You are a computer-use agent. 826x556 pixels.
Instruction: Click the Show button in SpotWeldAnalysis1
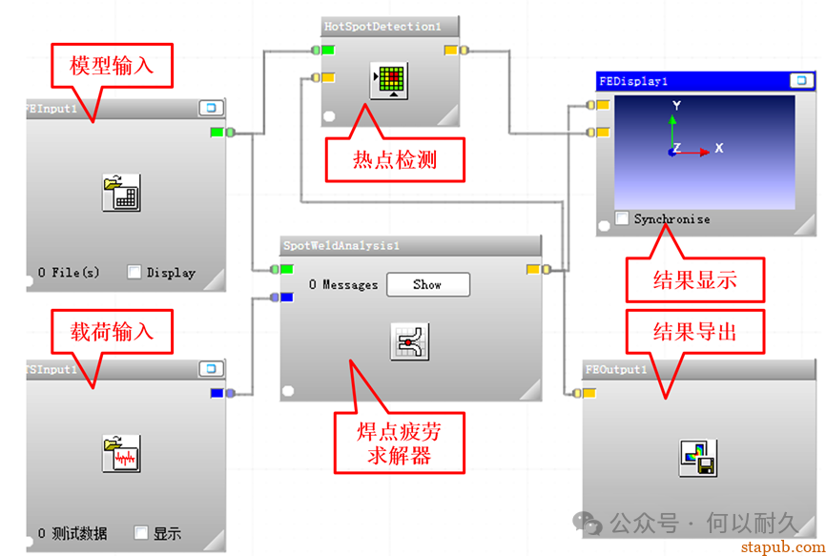click(427, 284)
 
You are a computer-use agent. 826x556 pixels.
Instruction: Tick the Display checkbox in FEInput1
click(134, 273)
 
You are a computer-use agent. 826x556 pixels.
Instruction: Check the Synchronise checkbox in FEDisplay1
click(622, 218)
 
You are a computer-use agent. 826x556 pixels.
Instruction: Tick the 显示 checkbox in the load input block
click(141, 533)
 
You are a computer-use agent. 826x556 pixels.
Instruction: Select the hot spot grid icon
click(388, 81)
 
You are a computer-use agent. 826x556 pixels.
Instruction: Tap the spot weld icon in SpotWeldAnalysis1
click(410, 340)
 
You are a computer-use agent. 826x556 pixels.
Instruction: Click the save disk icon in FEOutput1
click(698, 458)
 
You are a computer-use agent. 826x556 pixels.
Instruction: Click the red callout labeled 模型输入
click(112, 66)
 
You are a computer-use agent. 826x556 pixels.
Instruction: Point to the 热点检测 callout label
click(395, 159)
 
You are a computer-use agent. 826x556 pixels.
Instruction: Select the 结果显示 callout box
click(694, 280)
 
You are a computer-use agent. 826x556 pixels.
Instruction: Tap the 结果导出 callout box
click(694, 331)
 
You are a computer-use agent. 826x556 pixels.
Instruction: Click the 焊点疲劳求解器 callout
click(399, 443)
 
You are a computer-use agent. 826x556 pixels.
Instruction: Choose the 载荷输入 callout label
click(112, 332)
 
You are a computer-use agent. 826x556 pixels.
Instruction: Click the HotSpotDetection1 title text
click(382, 27)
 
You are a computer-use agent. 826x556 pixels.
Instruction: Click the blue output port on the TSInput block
click(217, 393)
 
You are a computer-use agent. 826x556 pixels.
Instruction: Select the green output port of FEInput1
click(217, 133)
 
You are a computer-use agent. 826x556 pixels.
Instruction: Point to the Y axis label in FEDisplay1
click(676, 106)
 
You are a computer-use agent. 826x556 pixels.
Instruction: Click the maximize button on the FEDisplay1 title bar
click(799, 82)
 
